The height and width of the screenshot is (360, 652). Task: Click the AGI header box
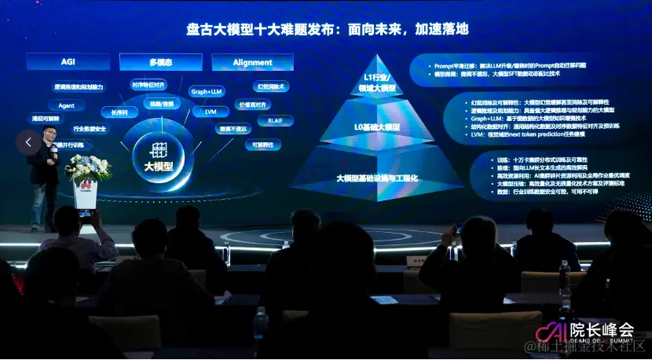(x=68, y=62)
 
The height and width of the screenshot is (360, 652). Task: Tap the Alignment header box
(x=252, y=62)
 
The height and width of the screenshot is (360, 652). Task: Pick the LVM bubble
(x=211, y=112)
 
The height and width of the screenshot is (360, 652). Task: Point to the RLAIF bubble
(x=275, y=121)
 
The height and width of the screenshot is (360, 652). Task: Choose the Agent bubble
(x=66, y=105)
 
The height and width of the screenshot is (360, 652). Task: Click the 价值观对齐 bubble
(x=253, y=104)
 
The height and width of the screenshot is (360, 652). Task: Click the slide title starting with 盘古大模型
(x=326, y=29)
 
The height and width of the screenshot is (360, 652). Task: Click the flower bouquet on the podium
(x=88, y=167)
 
